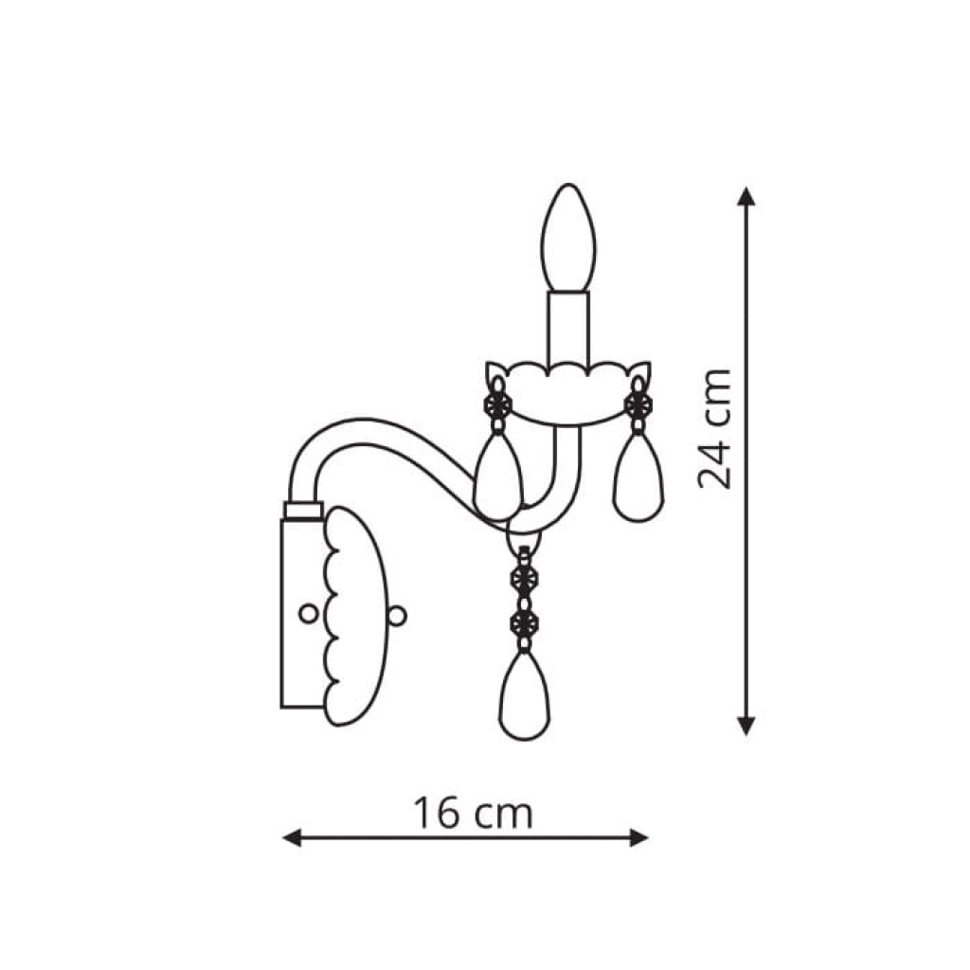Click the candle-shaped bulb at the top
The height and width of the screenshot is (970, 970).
click(x=568, y=238)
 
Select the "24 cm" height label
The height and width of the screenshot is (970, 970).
click(x=714, y=428)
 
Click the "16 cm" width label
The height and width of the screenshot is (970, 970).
click(x=473, y=813)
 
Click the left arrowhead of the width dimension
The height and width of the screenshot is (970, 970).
click(x=292, y=838)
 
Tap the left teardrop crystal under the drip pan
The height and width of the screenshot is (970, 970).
click(x=498, y=476)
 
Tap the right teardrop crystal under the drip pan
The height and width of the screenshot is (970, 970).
click(x=638, y=476)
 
